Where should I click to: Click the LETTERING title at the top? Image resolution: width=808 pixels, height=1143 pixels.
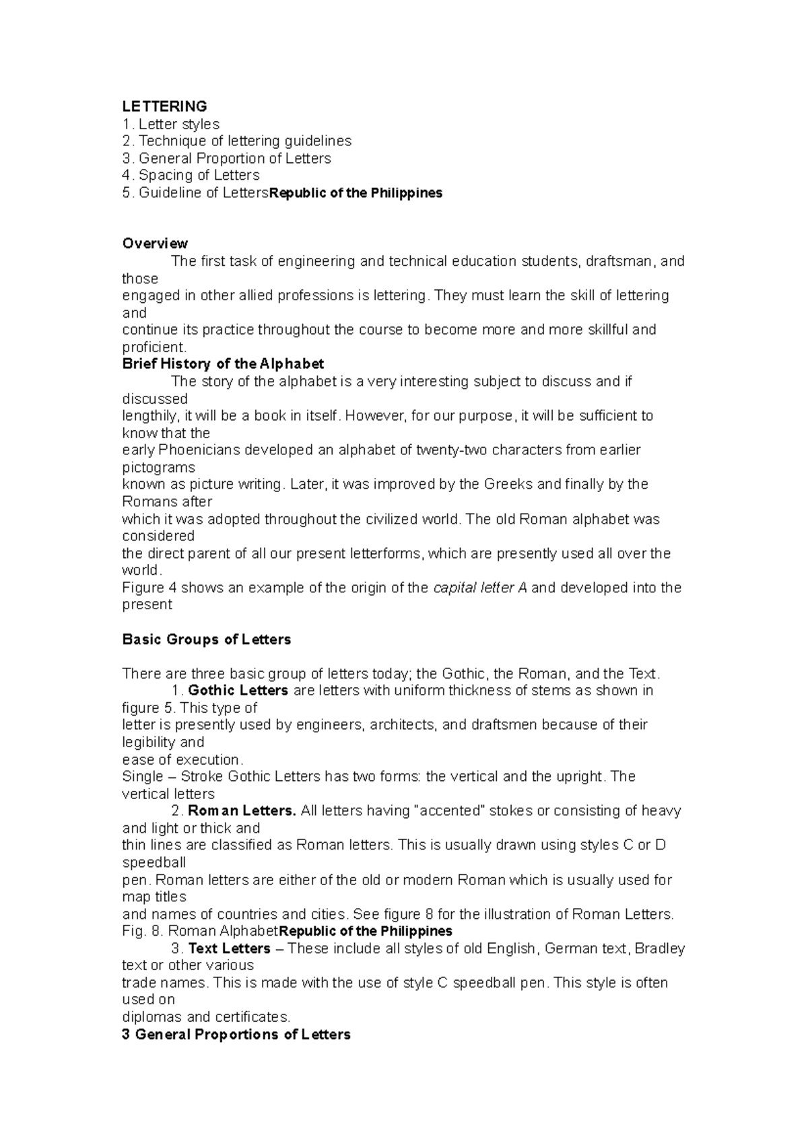coord(164,106)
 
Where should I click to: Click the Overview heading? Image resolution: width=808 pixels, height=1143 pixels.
coord(155,244)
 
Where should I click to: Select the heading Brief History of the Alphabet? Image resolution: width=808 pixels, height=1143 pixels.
coord(223,364)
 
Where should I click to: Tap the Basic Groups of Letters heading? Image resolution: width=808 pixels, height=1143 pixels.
coord(207,639)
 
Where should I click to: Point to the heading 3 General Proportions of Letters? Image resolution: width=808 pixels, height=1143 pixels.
coord(236,1035)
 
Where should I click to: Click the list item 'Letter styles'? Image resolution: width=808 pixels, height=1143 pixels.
coord(178,124)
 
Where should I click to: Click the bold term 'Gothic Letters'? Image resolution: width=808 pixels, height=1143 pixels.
coord(238,691)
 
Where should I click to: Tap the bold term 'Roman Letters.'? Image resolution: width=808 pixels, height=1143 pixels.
coord(242,811)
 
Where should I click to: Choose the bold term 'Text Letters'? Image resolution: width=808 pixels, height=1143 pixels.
coord(229,949)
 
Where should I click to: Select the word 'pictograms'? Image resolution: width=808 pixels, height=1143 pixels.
coord(158,467)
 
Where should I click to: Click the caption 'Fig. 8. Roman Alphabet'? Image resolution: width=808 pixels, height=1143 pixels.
coord(200,932)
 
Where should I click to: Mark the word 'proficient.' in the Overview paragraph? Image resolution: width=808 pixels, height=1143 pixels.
coord(154,347)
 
